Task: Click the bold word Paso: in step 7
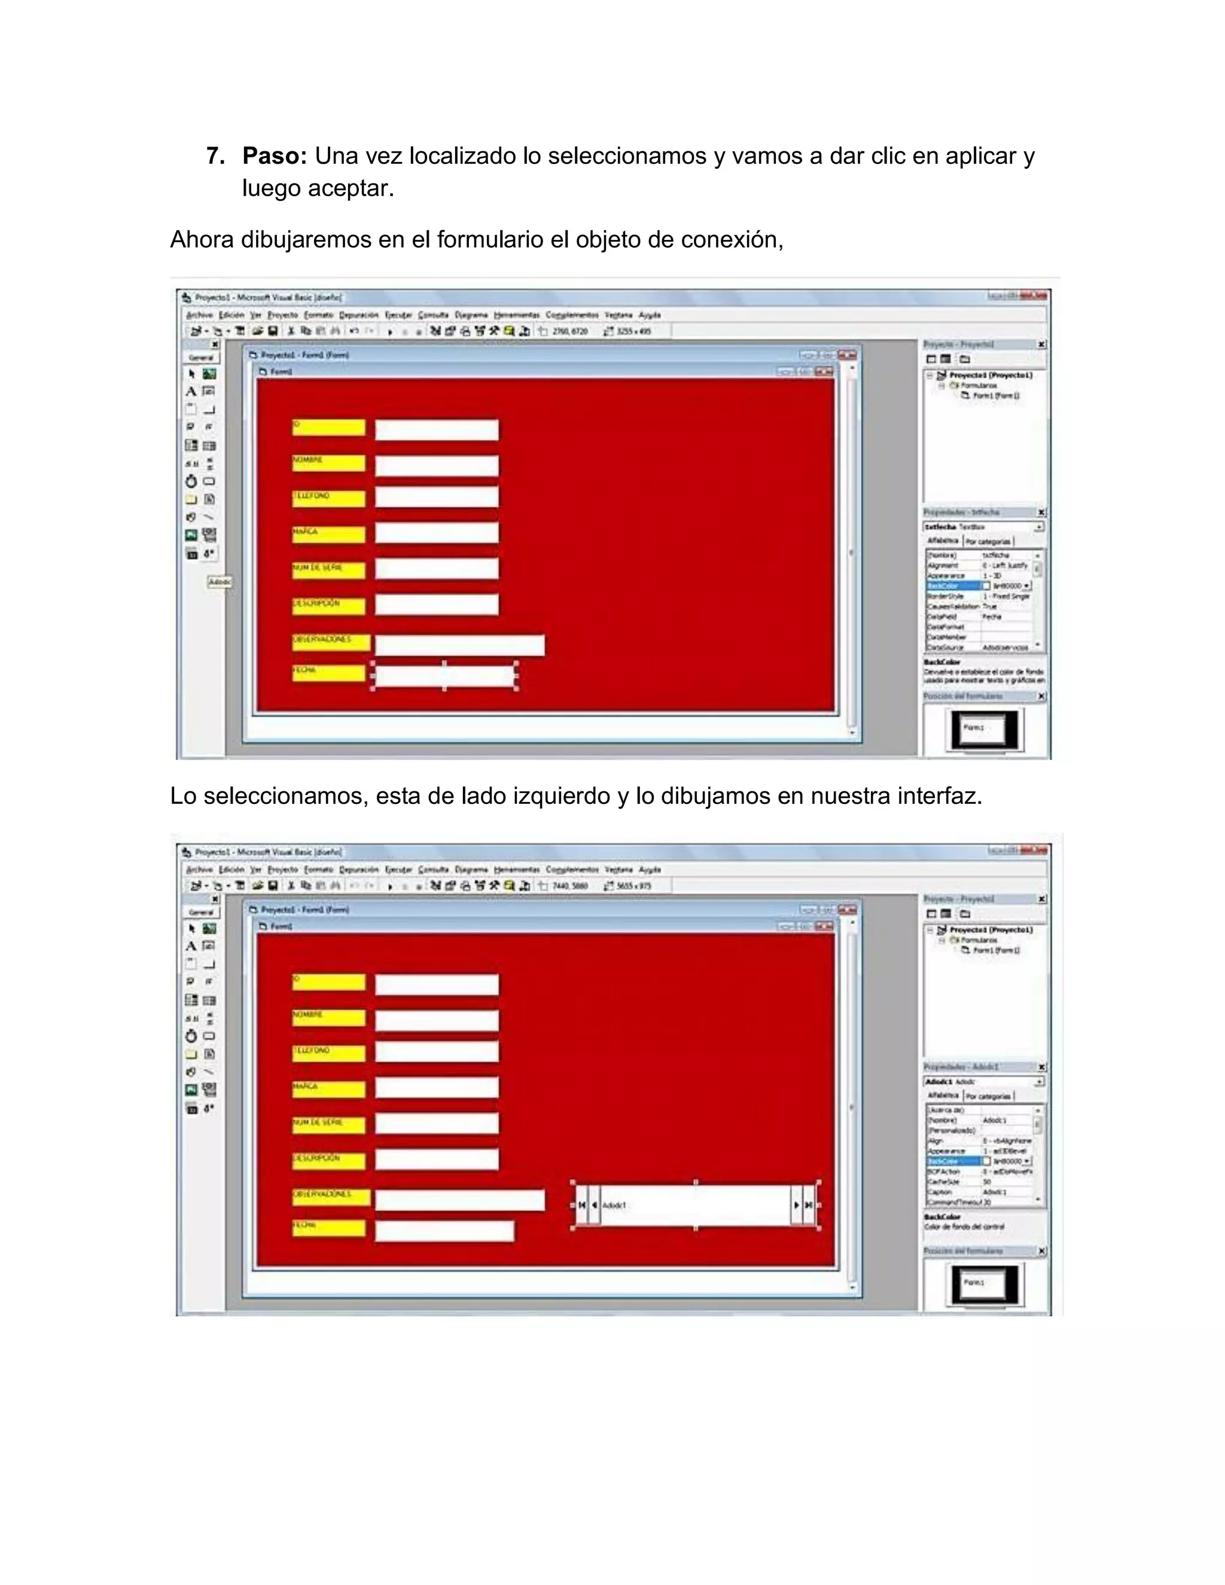tap(275, 156)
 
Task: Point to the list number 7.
tap(214, 156)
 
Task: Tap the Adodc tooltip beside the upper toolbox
tap(219, 582)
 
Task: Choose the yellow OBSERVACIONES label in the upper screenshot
tap(331, 642)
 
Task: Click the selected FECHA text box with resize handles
tap(444, 676)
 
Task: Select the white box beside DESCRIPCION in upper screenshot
tap(437, 605)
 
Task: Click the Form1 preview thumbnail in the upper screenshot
tap(984, 729)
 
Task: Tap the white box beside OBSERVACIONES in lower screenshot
tap(459, 1200)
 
